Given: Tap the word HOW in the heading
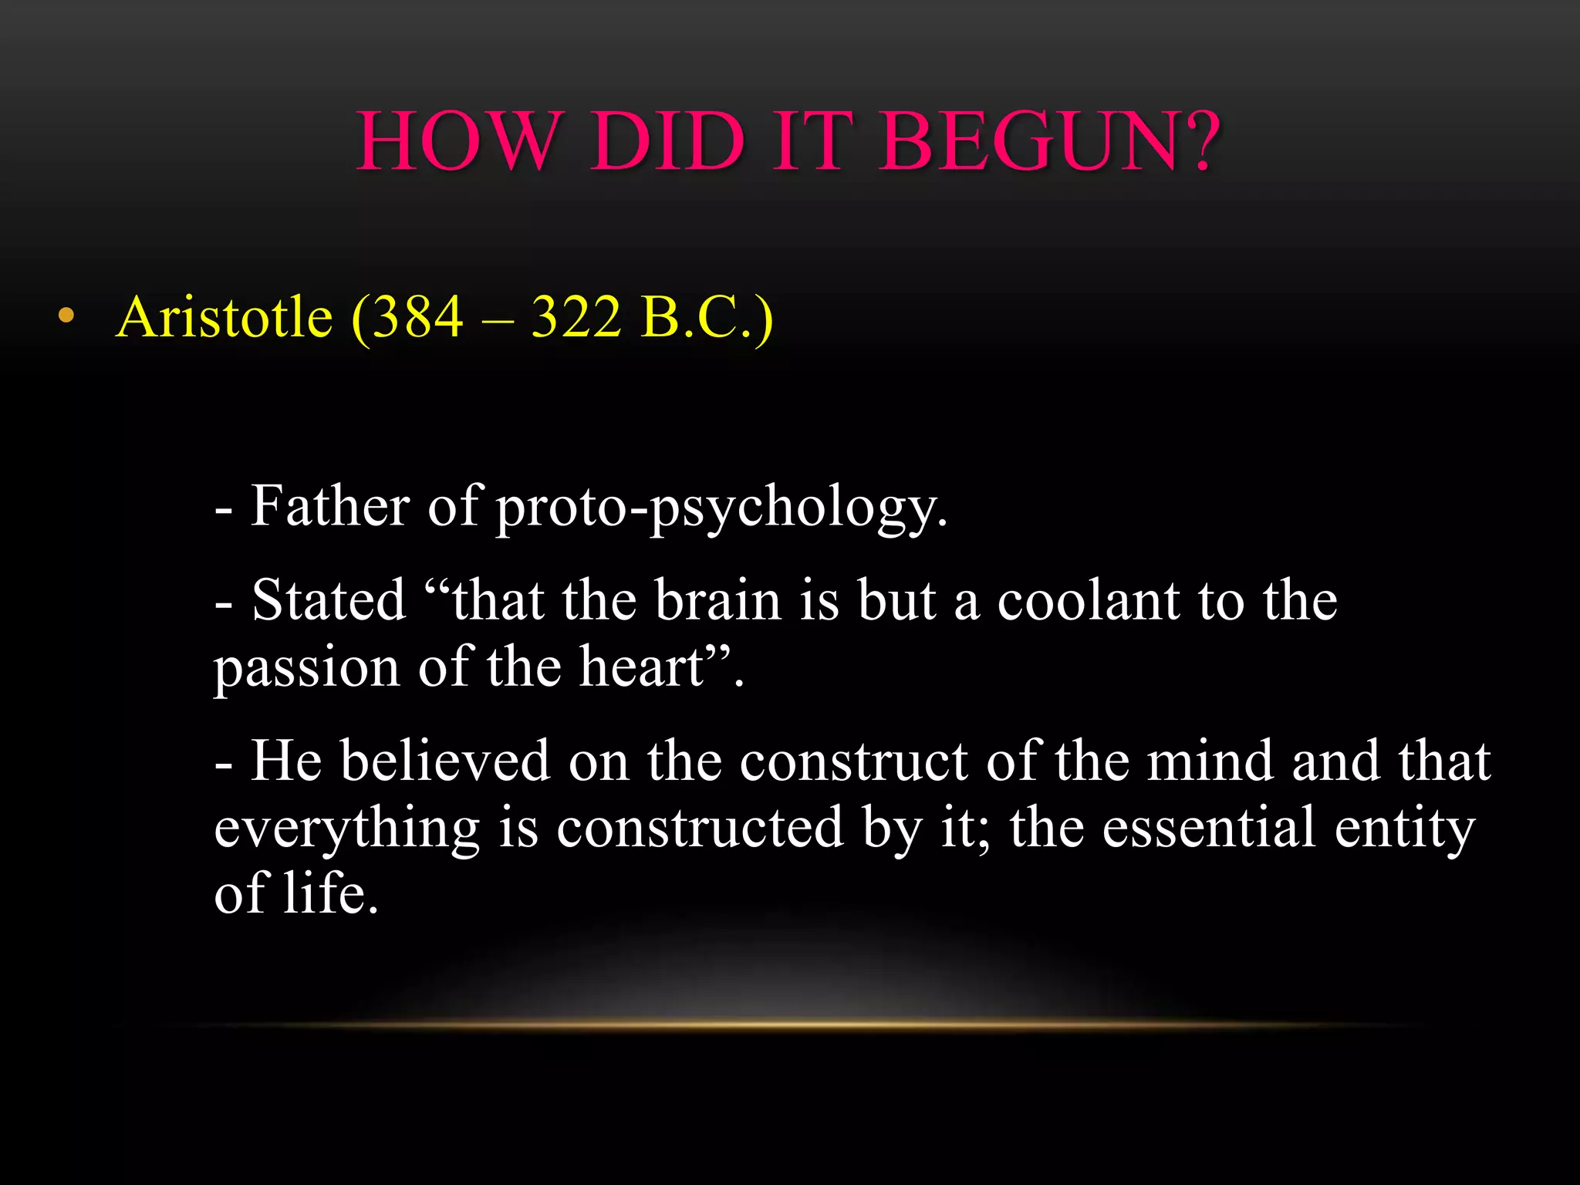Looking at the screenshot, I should click(456, 142).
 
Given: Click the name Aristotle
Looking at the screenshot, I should click(224, 317).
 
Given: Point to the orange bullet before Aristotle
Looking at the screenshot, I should click(66, 316).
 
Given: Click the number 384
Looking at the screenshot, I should click(417, 317).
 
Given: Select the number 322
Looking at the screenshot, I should click(576, 317).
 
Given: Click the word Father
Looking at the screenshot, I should click(330, 507).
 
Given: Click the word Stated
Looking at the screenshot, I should click(329, 600).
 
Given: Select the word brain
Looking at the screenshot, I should click(717, 600).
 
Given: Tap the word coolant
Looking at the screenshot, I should click(1088, 600).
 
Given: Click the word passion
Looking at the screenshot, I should click(306, 668).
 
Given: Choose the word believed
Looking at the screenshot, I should click(445, 761).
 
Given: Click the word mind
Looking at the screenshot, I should click(1210, 761).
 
